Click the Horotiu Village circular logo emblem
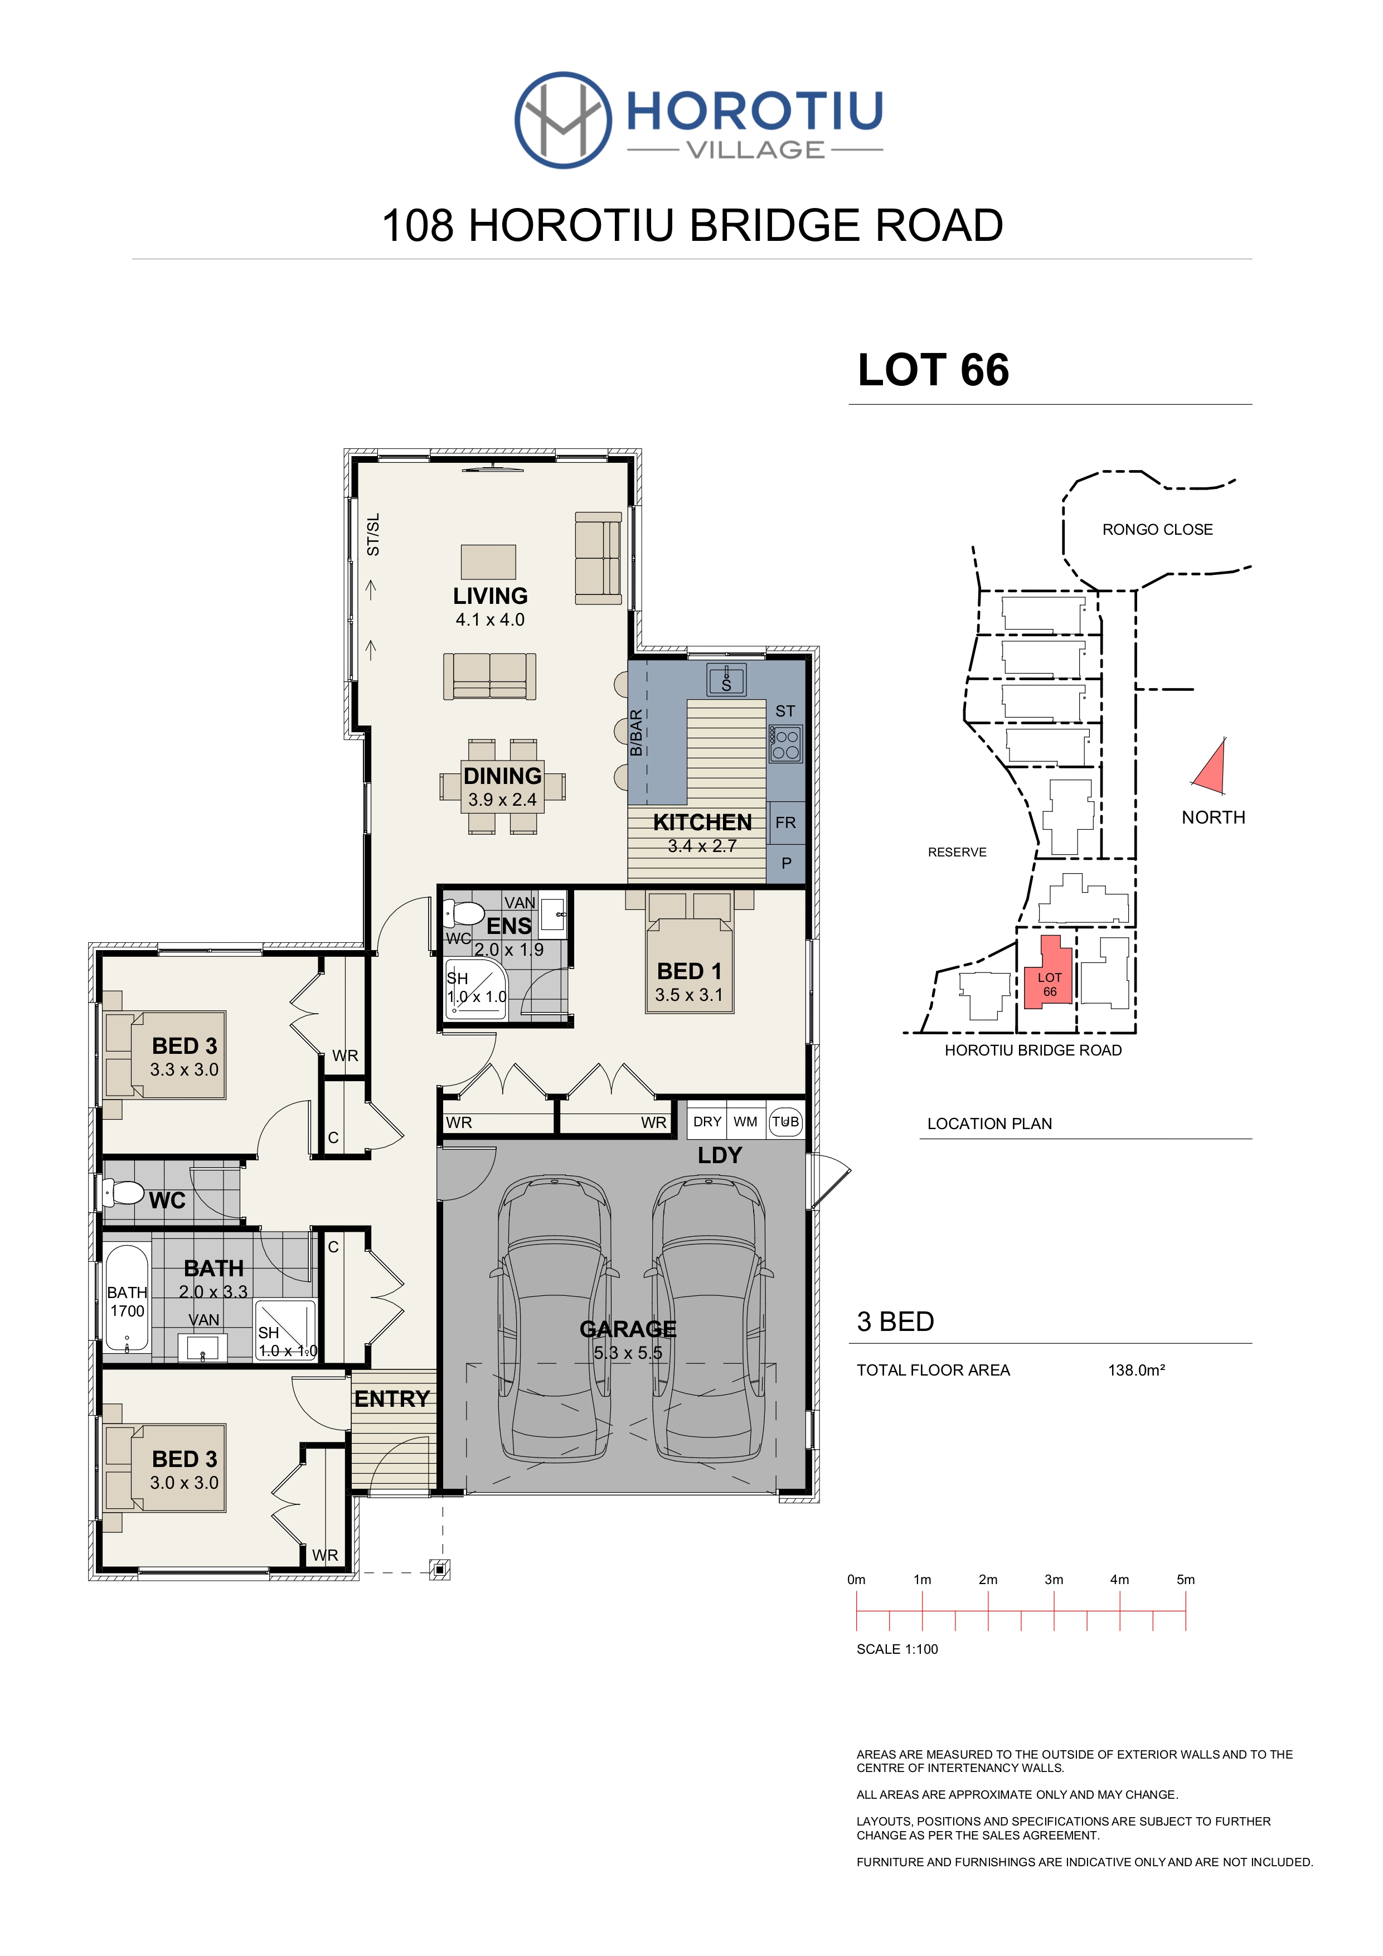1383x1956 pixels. pyautogui.click(x=563, y=119)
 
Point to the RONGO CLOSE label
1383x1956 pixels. pyautogui.click(x=1157, y=530)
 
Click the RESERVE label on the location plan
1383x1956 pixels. pyautogui.click(x=957, y=852)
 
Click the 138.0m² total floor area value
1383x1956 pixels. pyautogui.click(x=1136, y=1370)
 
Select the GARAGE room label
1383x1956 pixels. pyautogui.click(x=628, y=1328)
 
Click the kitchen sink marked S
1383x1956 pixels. pyautogui.click(x=726, y=681)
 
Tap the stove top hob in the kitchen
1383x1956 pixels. pyautogui.click(x=785, y=743)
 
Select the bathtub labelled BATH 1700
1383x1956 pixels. pyautogui.click(x=127, y=1300)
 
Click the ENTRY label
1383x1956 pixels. pyautogui.click(x=392, y=1399)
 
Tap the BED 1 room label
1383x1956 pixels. pyautogui.click(x=689, y=971)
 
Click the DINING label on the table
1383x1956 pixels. pyautogui.click(x=502, y=776)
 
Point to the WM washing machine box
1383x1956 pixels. pyautogui.click(x=745, y=1122)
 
